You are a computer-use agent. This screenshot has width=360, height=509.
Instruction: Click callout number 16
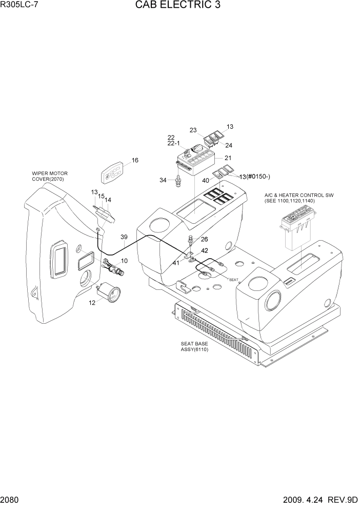click(x=135, y=160)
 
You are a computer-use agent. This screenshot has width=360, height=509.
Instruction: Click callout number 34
click(x=163, y=180)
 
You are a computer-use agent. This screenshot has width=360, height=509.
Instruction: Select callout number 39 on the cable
click(x=124, y=237)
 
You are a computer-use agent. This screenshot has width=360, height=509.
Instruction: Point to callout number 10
click(x=124, y=261)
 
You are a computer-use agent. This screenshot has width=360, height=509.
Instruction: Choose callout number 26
click(x=204, y=239)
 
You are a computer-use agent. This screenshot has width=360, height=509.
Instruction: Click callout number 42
click(x=204, y=251)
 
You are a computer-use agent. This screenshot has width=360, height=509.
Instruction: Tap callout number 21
click(x=228, y=158)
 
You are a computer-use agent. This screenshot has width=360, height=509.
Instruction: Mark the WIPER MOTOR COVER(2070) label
click(x=50, y=176)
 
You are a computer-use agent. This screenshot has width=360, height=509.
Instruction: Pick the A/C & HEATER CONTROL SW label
click(x=290, y=198)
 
